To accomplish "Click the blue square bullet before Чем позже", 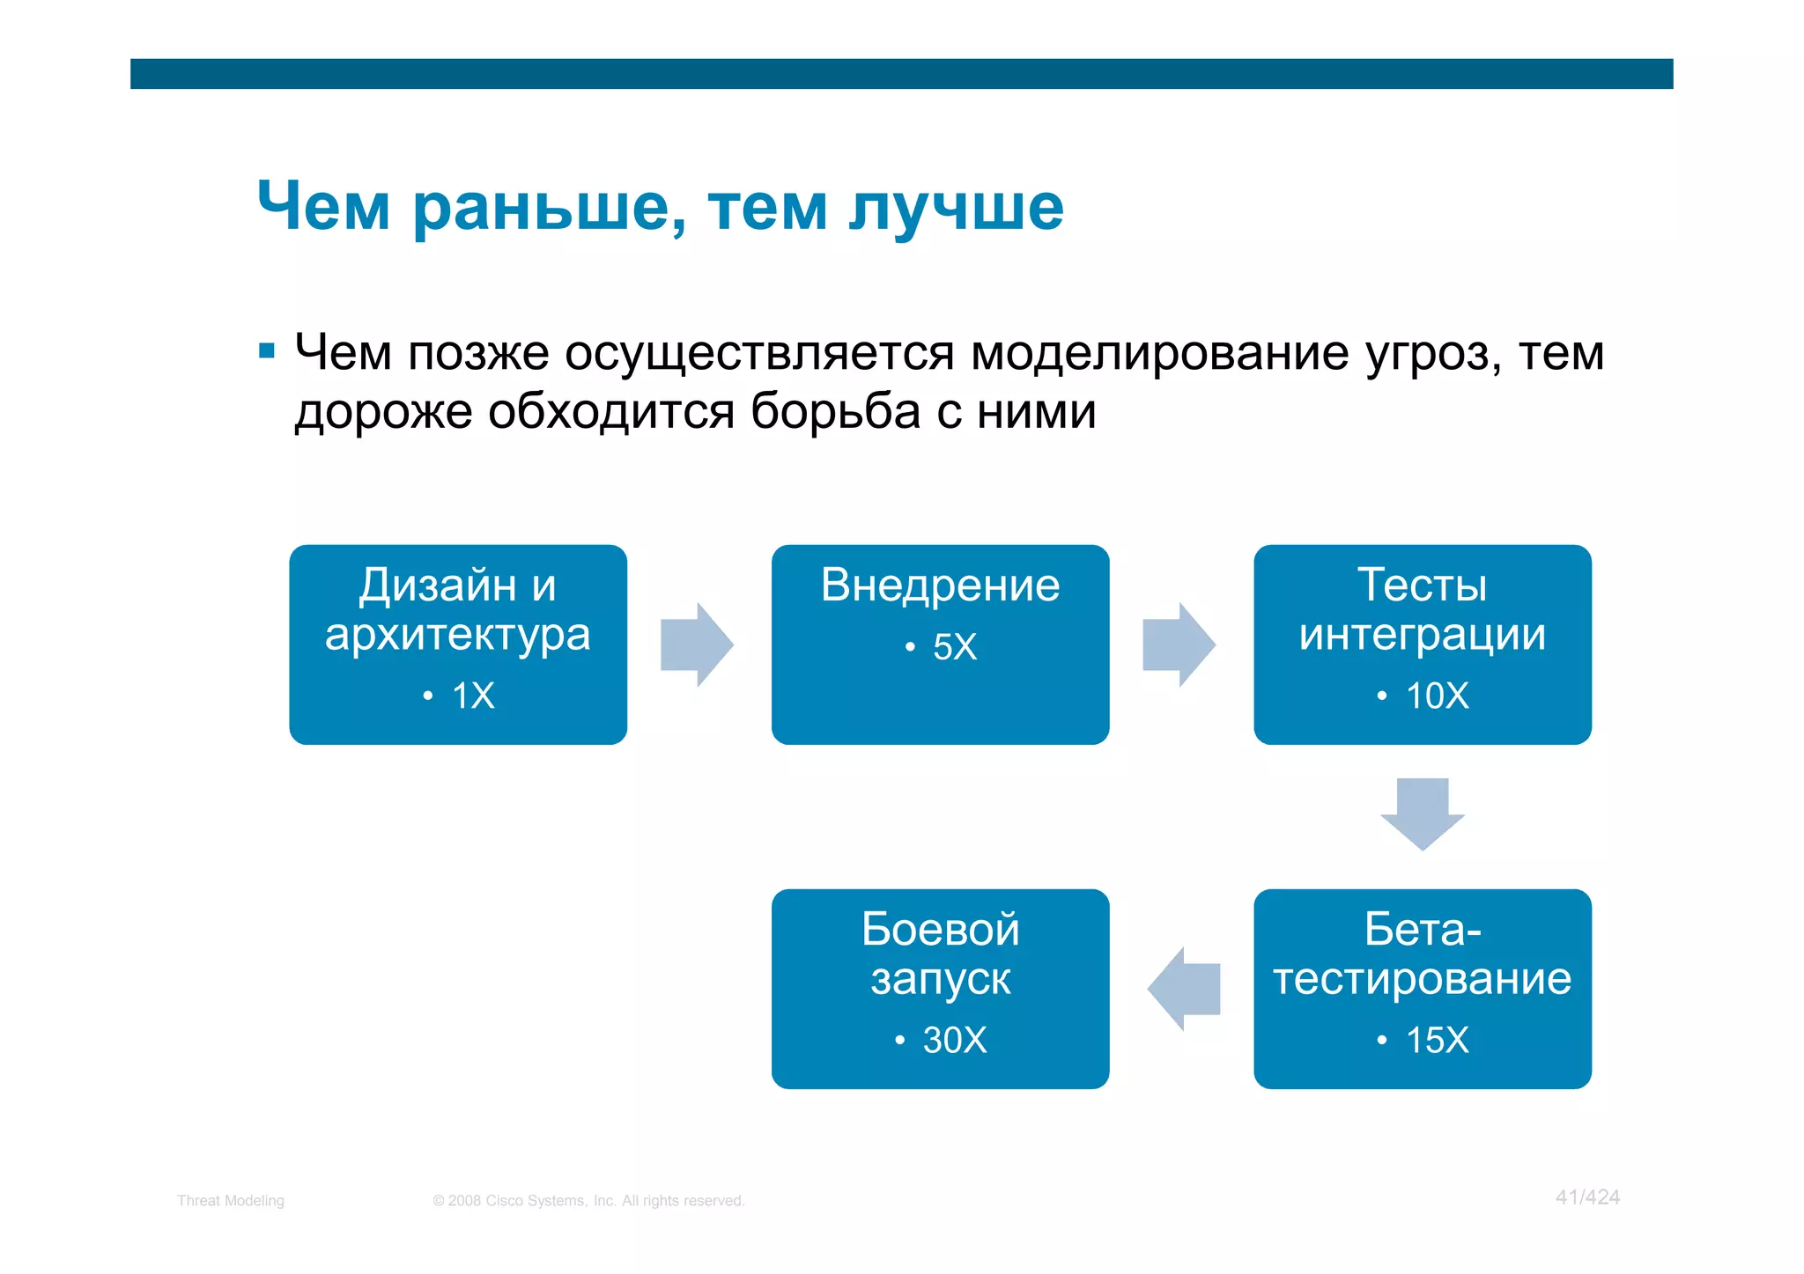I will click(x=267, y=352).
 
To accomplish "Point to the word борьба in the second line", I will click(x=835, y=411).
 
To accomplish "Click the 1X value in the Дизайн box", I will click(x=473, y=696).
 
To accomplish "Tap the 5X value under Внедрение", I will click(x=954, y=647).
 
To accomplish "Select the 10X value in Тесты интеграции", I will click(x=1437, y=696).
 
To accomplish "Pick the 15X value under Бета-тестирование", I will click(x=1437, y=1041).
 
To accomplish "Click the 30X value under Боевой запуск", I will click(x=954, y=1041).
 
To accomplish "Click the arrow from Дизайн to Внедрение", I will click(x=696, y=644).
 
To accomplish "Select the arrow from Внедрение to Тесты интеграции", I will click(x=1178, y=644).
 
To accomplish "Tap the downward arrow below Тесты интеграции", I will click(x=1422, y=812).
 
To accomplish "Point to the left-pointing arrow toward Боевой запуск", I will click(x=1185, y=989).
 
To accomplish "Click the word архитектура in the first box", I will click(x=457, y=635).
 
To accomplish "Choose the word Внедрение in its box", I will click(x=940, y=585).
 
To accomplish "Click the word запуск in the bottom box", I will click(x=940, y=979).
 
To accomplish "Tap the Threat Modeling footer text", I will click(x=230, y=1201).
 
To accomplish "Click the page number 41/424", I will click(x=1587, y=1197).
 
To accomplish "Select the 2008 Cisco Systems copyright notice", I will click(x=588, y=1201).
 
